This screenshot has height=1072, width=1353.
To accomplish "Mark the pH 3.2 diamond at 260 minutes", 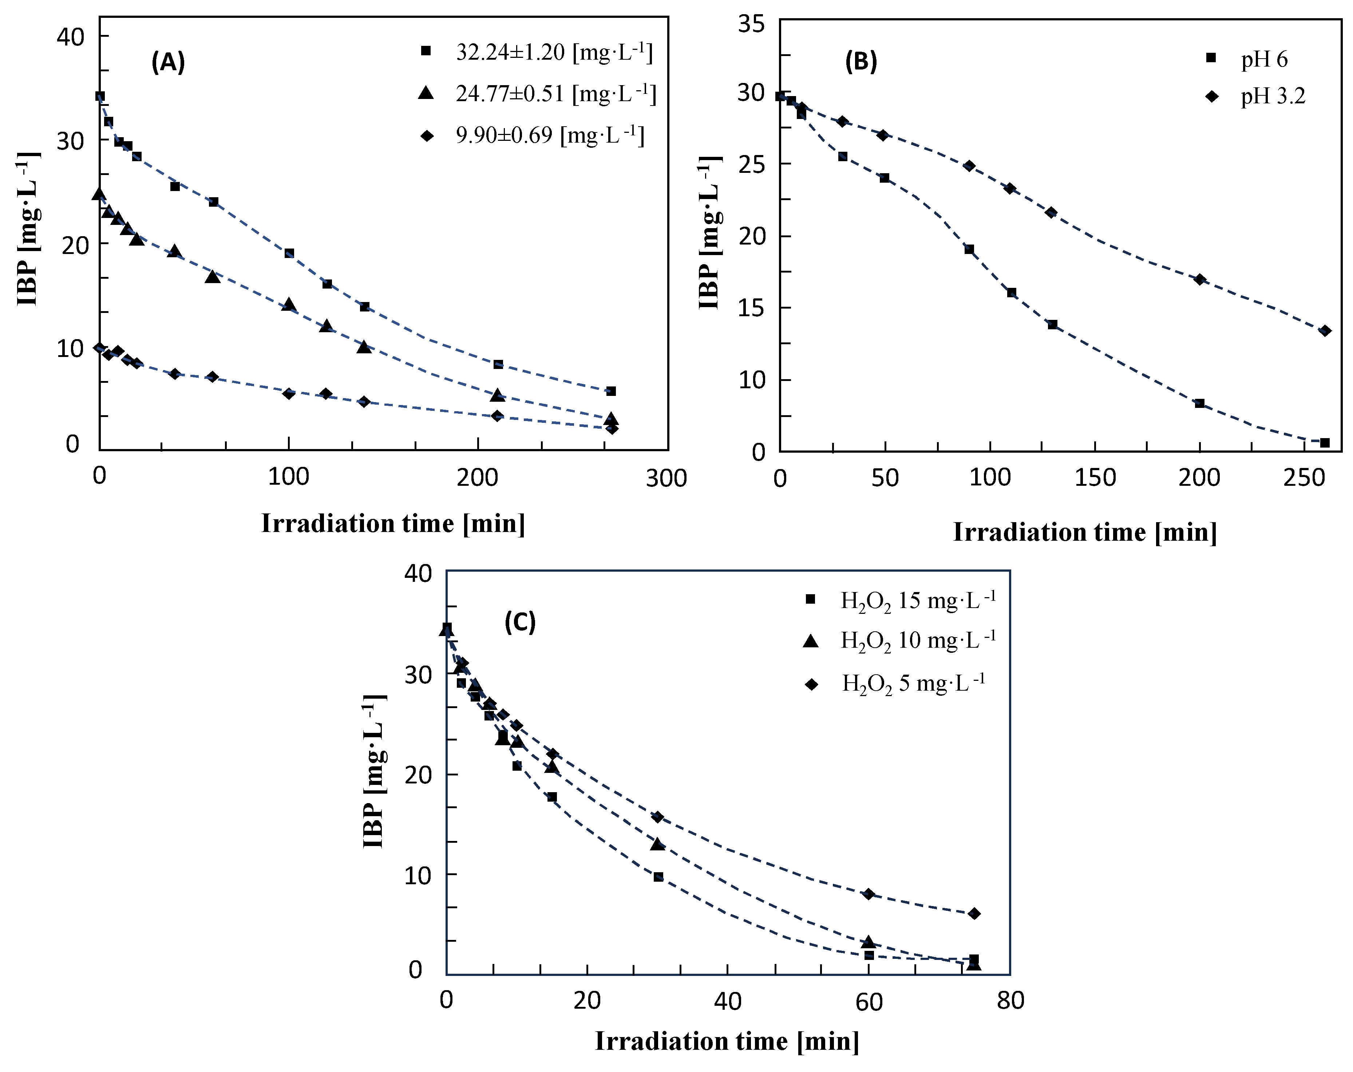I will (x=1325, y=330).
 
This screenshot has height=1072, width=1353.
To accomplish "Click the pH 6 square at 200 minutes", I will (x=1199, y=403).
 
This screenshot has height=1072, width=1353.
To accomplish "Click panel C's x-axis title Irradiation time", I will (x=727, y=1041).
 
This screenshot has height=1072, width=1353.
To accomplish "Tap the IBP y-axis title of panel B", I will (x=710, y=232).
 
